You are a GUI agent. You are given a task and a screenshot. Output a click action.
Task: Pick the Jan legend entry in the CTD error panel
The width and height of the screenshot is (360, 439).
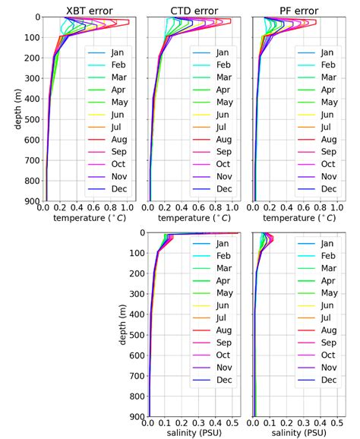[x=224, y=53]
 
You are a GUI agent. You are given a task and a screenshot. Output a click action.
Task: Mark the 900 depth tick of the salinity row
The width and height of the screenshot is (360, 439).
[x=137, y=417]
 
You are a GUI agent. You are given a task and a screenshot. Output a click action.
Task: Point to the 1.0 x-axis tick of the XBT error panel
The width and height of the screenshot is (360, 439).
[x=126, y=207]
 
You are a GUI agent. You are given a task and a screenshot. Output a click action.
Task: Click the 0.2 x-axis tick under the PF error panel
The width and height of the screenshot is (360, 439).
[x=270, y=207]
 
